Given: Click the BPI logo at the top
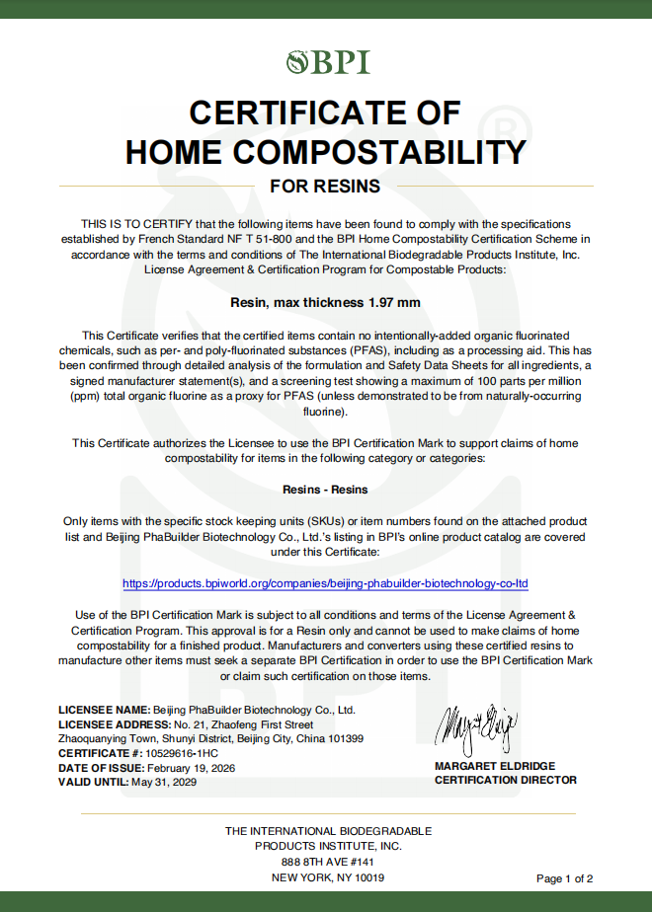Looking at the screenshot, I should (327, 63).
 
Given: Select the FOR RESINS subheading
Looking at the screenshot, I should (325, 186).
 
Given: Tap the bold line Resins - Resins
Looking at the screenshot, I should (325, 490).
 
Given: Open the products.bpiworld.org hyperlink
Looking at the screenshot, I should (325, 583).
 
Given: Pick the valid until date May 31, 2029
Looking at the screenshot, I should (163, 782).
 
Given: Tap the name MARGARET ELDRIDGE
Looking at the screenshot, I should (495, 766).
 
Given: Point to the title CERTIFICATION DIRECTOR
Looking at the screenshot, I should (505, 780).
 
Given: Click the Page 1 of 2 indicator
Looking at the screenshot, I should (564, 878).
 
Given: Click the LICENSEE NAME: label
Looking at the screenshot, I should (104, 710).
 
